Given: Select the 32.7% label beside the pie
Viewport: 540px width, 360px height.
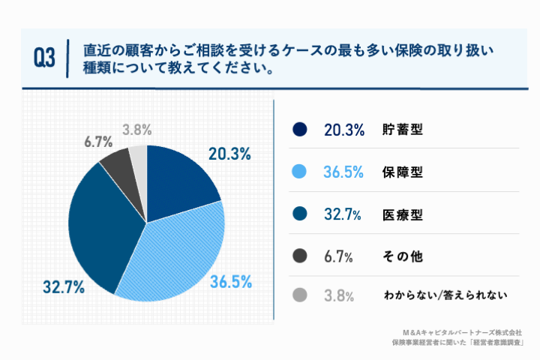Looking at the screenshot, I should [x=63, y=287].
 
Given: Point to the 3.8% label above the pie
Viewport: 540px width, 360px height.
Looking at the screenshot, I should [x=137, y=129].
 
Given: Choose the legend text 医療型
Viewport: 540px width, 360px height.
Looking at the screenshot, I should [x=403, y=214].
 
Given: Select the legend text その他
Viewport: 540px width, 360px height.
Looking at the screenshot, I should [x=403, y=256].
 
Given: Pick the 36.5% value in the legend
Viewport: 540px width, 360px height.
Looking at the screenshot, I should [x=344, y=172].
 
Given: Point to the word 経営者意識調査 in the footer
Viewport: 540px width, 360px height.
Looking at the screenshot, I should [x=496, y=342].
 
